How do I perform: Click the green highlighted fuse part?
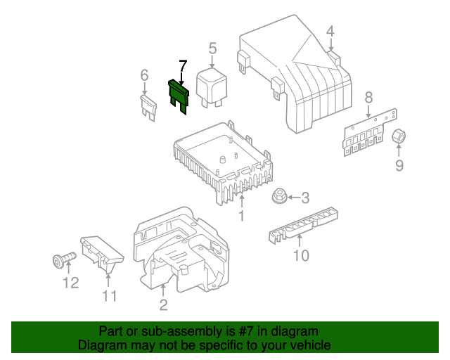pos(179,96)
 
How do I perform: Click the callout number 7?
pos(183,67)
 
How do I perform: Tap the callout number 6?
pos(144,75)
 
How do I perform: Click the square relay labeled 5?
pos(212,87)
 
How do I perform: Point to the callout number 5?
pos(212,49)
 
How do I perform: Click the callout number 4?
pos(330,30)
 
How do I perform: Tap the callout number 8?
pos(368,98)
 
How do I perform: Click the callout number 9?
pos(399,166)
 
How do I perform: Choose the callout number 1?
pos(241,216)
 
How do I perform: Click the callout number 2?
pos(163,304)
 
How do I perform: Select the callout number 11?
pos(109,296)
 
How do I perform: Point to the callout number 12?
pos(70,283)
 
